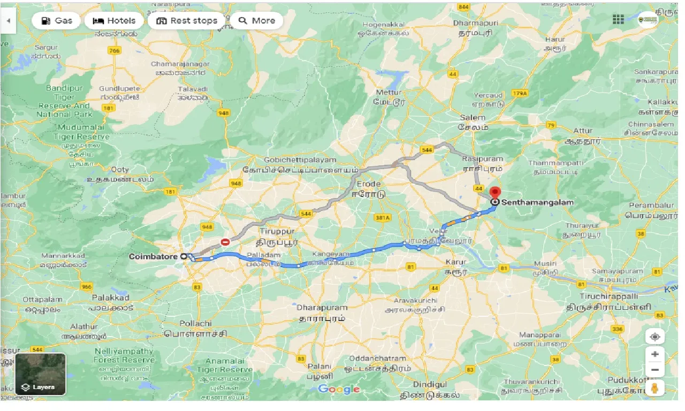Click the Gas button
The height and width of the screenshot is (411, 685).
56,21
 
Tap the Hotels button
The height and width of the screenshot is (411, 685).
113,21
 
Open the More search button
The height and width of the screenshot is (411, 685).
257,21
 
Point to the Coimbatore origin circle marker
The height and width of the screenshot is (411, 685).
184,256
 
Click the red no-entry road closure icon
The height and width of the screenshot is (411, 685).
225,242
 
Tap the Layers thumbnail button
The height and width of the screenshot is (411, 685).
41,374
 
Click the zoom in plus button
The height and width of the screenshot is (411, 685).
654,354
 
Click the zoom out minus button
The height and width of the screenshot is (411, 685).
654,369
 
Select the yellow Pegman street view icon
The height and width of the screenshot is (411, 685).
654,388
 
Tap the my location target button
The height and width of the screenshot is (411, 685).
654,337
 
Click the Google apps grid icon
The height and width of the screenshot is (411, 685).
618,20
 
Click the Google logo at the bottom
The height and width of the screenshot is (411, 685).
339,389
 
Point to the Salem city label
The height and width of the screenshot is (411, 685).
473,117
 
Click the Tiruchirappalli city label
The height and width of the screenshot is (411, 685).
609,296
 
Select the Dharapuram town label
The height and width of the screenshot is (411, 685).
323,308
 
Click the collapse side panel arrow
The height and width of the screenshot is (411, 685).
8,21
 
